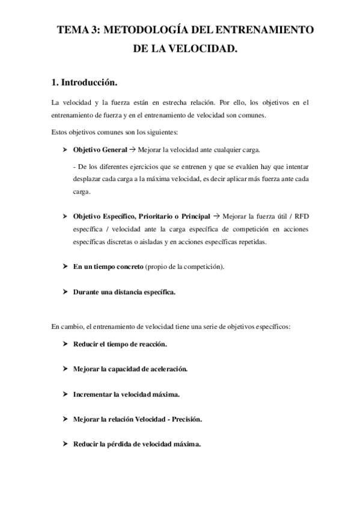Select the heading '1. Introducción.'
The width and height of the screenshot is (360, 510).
click(x=89, y=81)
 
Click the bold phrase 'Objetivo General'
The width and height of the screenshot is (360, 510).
click(x=100, y=149)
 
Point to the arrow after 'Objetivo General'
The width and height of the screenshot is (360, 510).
click(x=133, y=149)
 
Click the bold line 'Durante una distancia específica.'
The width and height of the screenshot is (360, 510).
click(x=124, y=292)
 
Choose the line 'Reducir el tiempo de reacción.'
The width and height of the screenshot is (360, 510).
click(x=120, y=344)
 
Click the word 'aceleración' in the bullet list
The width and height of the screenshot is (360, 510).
click(x=166, y=369)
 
